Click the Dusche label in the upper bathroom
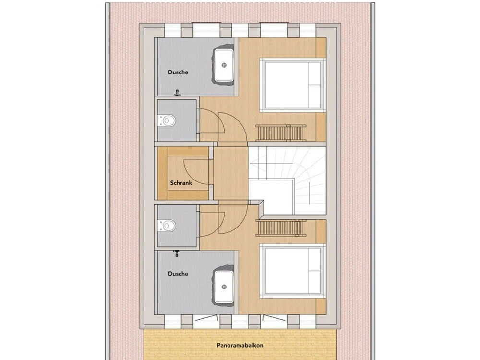click(178, 72)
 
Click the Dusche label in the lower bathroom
click(178, 274)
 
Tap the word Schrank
click(181, 183)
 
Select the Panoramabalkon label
click(240, 345)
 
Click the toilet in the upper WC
click(167, 120)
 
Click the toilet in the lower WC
click(167, 226)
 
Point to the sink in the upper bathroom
click(224, 65)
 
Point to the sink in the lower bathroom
click(224, 286)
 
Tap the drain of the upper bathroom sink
click(224, 65)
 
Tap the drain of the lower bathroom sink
click(224, 287)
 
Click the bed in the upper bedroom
click(292, 85)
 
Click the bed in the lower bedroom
click(292, 270)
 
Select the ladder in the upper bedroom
click(281, 133)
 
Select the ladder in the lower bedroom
click(281, 228)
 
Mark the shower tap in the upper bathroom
click(177, 93)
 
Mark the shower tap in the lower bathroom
click(177, 253)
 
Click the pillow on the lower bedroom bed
click(315, 271)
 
